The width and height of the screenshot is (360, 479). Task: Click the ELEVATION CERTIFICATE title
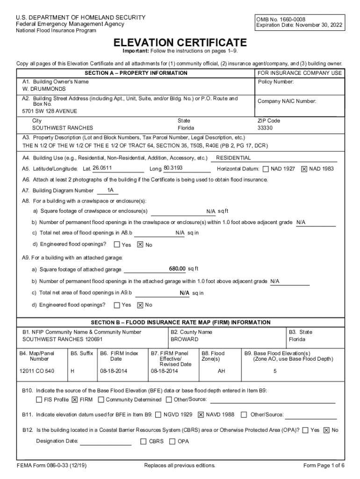click(x=180, y=42)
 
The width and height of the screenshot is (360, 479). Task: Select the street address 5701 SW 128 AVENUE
click(x=50, y=111)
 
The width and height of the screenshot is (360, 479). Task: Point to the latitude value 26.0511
click(x=102, y=168)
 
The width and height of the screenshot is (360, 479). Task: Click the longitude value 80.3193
click(x=173, y=168)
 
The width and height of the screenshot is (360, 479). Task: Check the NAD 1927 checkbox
click(x=266, y=169)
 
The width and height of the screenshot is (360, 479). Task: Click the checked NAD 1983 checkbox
click(x=304, y=169)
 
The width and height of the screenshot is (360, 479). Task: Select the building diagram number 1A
click(x=110, y=190)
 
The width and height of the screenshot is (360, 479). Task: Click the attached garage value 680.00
click(x=177, y=269)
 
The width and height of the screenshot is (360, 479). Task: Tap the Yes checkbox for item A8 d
click(x=117, y=245)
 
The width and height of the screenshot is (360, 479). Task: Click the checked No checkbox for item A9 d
click(x=140, y=305)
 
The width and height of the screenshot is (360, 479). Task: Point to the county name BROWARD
click(x=184, y=339)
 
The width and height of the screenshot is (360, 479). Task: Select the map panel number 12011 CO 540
click(x=37, y=371)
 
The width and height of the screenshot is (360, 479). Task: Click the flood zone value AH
click(x=222, y=371)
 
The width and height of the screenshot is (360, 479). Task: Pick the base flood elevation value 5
click(x=275, y=371)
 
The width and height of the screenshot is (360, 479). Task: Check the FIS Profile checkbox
click(x=39, y=399)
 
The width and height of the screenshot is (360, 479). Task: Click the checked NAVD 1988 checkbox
click(x=201, y=414)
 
